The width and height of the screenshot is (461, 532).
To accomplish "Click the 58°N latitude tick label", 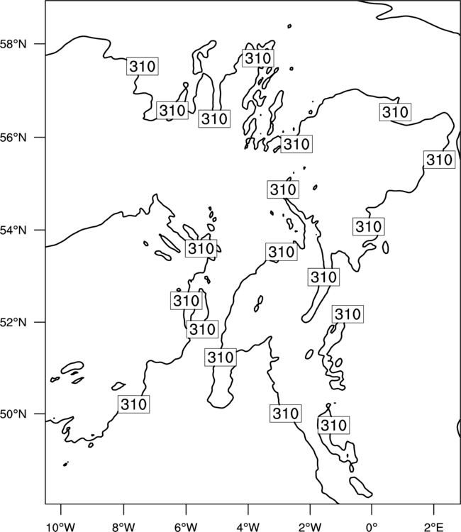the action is (13, 44).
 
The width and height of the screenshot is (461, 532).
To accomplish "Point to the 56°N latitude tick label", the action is (13, 138).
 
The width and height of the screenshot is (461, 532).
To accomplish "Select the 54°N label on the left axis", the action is (13, 231).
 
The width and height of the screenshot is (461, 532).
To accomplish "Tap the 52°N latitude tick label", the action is (13, 322).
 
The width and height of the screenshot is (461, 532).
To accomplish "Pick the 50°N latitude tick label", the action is (13, 414).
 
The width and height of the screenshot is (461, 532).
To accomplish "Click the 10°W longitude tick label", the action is (61, 527).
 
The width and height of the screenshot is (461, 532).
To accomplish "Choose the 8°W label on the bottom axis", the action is (123, 527).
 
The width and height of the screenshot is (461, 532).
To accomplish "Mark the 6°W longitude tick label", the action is (186, 527).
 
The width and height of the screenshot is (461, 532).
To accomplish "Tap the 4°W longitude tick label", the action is (248, 527).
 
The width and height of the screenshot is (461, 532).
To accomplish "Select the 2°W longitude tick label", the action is (310, 527).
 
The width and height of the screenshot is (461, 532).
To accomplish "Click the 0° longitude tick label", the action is (372, 527).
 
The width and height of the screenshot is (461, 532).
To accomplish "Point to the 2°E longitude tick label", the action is (434, 527).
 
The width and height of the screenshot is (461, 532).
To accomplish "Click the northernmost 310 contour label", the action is (258, 58).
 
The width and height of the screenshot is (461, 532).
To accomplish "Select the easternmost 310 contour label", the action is (439, 160).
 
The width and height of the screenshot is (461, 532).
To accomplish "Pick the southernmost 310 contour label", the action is (333, 425).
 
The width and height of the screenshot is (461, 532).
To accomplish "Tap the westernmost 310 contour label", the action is (133, 404).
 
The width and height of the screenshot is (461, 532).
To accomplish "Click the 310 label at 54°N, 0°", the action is (369, 226).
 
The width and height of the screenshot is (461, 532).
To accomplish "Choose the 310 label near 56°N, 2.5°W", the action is (296, 144).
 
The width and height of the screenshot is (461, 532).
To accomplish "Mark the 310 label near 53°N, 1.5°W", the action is (323, 277).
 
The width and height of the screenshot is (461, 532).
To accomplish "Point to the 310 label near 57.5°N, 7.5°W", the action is (143, 66).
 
